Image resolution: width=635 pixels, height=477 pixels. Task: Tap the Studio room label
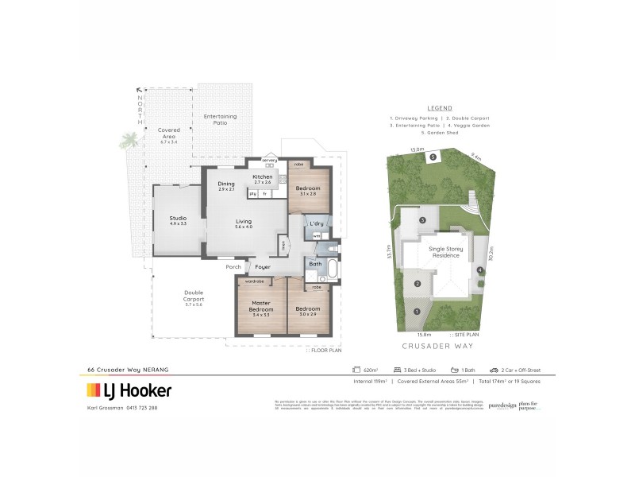pos(177,220)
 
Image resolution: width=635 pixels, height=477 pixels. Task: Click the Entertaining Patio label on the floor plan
pos(220,119)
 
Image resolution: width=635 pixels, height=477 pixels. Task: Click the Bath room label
pos(315,263)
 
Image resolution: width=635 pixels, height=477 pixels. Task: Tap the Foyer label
pos(263,267)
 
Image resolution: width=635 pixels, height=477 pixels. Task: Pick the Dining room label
pos(226,186)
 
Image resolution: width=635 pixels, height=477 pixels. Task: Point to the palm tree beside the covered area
pos(127,142)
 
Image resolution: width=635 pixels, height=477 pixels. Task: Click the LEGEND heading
pos(439,108)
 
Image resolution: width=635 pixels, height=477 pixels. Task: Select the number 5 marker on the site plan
pos(433,157)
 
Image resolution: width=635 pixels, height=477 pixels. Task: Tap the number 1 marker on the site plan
pos(417,311)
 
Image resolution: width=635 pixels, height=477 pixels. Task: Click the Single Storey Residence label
pos(445,253)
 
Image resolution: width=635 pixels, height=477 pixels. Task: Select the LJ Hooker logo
pos(129,390)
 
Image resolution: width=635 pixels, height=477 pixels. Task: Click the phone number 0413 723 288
pos(140,408)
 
